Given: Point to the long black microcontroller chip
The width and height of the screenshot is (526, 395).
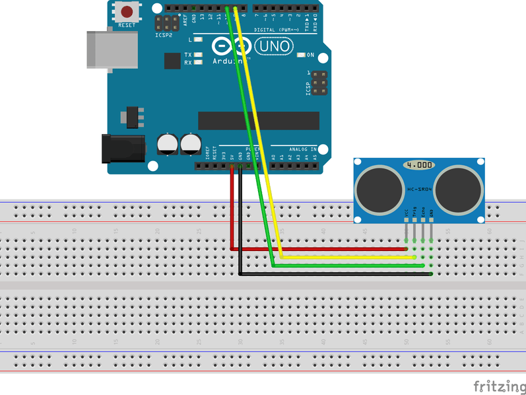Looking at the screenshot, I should (x=259, y=121).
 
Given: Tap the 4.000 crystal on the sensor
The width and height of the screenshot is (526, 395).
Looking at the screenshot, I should (x=420, y=164).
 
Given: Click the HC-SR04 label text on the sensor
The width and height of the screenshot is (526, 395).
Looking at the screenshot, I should (x=420, y=190).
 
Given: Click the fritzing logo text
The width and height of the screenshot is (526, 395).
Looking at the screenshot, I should (x=498, y=385).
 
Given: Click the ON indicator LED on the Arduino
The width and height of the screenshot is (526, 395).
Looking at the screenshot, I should (x=302, y=55).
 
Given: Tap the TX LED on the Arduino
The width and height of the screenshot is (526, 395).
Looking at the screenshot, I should (x=197, y=55).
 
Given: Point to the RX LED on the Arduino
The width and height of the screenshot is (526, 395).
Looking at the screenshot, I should (x=197, y=63).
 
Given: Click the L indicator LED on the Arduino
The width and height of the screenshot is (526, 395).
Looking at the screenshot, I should (x=197, y=40).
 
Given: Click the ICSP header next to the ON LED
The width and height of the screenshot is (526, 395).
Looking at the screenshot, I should (x=319, y=83).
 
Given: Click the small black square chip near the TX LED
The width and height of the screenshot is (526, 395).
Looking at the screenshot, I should (x=172, y=61).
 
